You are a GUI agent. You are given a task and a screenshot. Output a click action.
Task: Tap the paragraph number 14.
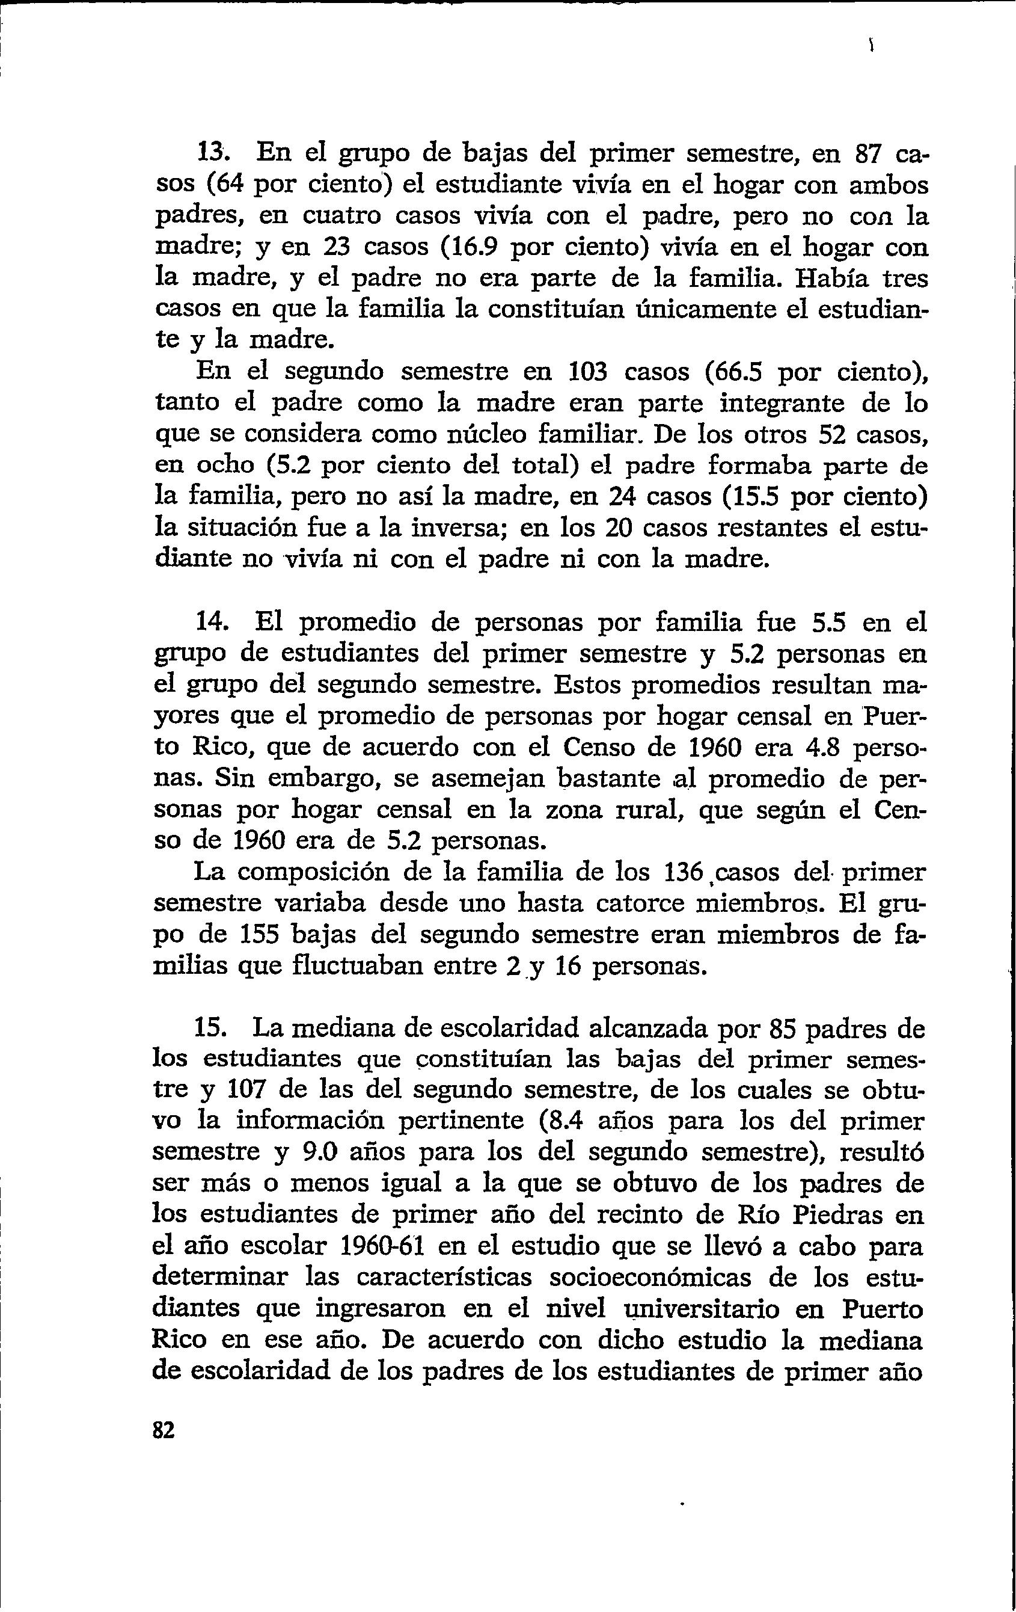pyautogui.click(x=213, y=623)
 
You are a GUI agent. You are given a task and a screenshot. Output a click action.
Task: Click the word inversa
pyautogui.click(x=456, y=528)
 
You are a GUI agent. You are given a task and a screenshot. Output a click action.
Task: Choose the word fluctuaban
pyautogui.click(x=348, y=967)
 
